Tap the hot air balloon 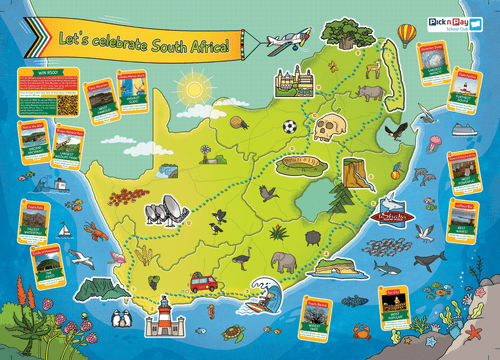click(x=406, y=36)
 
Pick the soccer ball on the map click(x=289, y=127)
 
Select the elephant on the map click(x=284, y=262)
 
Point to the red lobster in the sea click(x=95, y=232)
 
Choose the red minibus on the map click(x=203, y=282)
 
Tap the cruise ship click(x=461, y=129)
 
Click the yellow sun click(x=192, y=89)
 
